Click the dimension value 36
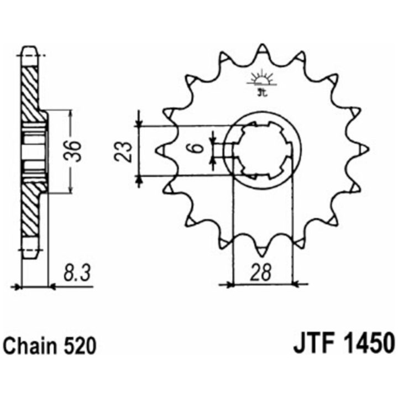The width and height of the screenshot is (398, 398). pyautogui.click(x=72, y=151)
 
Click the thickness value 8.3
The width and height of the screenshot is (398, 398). pyautogui.click(x=77, y=274)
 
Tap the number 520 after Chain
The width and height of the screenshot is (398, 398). pyautogui.click(x=80, y=345)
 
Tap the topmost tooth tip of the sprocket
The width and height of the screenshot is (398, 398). pyautogui.click(x=261, y=45)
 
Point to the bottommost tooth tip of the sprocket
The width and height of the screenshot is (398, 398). pyautogui.click(x=261, y=255)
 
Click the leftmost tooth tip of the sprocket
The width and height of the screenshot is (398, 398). pyautogui.click(x=155, y=150)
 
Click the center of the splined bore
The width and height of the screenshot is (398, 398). pyautogui.click(x=263, y=150)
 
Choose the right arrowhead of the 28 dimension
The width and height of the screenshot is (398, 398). pyautogui.click(x=296, y=284)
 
